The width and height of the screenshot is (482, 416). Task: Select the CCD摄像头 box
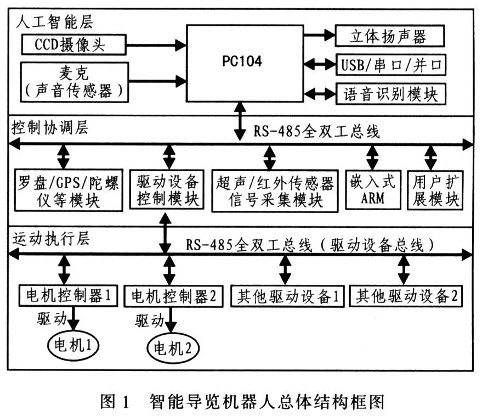pyautogui.click(x=73, y=44)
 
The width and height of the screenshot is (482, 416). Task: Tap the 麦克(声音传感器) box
pyautogui.click(x=73, y=82)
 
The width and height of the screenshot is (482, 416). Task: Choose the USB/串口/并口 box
pyautogui.click(x=390, y=65)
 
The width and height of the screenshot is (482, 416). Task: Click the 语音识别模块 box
pyautogui.click(x=390, y=93)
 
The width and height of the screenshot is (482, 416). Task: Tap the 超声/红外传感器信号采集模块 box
pyautogui.click(x=275, y=190)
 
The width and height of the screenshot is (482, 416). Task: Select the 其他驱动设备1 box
pyautogui.click(x=287, y=297)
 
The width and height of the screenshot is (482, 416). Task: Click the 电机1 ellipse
pyautogui.click(x=73, y=344)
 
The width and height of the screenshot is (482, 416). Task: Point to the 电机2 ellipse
pyautogui.click(x=173, y=347)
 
